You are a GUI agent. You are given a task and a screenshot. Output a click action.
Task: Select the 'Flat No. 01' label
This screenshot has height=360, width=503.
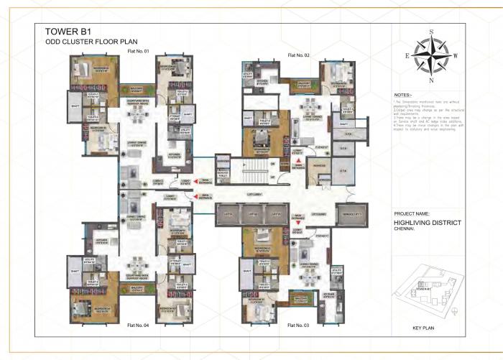point(137,51)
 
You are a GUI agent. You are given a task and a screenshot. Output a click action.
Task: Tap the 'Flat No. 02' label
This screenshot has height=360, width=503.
point(298,55)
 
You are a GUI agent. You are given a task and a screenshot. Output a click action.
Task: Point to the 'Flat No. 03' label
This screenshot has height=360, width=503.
point(298,326)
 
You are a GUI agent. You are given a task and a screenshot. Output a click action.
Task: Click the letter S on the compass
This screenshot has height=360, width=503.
point(430,32)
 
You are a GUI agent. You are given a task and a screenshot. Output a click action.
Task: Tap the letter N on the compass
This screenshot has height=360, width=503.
point(430,80)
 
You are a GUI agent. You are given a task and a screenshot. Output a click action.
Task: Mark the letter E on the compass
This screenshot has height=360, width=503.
point(407,55)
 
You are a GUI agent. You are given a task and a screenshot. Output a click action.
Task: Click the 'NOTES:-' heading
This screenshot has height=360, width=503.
point(403,95)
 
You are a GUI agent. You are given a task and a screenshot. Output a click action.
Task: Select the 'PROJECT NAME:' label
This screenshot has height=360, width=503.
point(412,214)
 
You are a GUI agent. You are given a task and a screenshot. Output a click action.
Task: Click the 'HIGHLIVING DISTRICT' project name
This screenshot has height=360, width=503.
point(427,223)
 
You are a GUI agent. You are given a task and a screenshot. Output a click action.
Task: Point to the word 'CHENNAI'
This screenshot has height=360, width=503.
point(404,230)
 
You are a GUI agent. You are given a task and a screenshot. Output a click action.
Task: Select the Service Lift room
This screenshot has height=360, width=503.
point(352,214)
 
